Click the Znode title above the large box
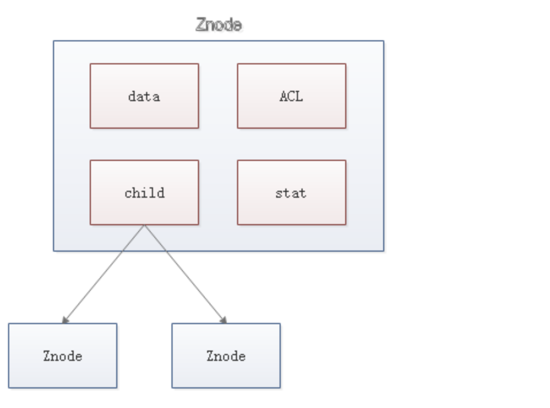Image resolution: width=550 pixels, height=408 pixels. click(x=219, y=25)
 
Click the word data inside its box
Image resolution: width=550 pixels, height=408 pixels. click(x=144, y=96)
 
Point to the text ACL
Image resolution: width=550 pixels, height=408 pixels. click(x=291, y=96)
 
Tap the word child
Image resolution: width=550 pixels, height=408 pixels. click(x=144, y=193)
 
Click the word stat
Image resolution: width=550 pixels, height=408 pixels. click(x=291, y=193)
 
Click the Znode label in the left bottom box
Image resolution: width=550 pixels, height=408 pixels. click(x=62, y=356)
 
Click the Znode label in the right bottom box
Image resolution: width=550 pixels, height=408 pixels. click(x=226, y=356)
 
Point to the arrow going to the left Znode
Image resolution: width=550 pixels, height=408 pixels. click(x=104, y=274)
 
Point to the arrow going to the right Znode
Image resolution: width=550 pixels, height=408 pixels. click(x=184, y=274)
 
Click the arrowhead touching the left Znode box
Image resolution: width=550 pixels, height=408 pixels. click(x=65, y=320)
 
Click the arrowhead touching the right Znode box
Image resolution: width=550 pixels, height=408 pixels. click(x=223, y=320)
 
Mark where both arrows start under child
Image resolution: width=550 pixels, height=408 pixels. click(x=144, y=225)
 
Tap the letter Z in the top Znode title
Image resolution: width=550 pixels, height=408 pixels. click(x=201, y=25)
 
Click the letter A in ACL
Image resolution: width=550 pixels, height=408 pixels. click(x=283, y=96)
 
